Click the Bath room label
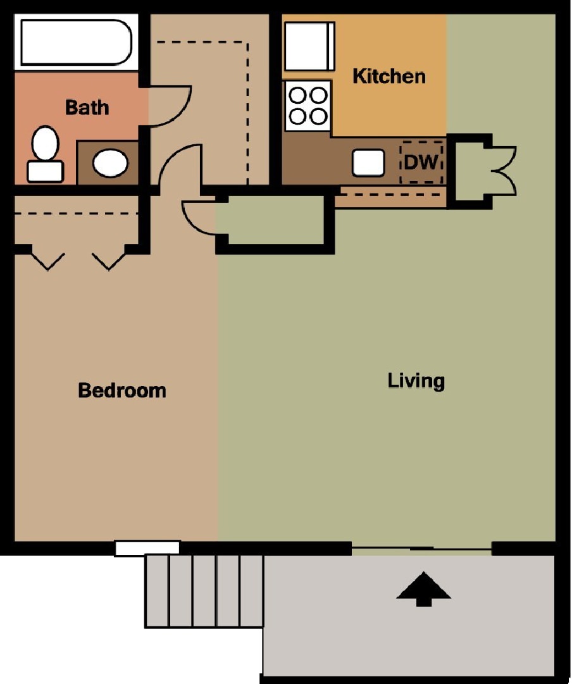(x=87, y=107)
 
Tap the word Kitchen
(x=389, y=77)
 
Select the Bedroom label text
(x=122, y=390)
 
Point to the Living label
(x=416, y=381)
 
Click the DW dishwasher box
(x=421, y=162)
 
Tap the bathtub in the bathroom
(x=75, y=42)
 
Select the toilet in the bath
(x=44, y=153)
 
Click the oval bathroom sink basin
(x=110, y=162)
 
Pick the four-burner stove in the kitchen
(x=308, y=106)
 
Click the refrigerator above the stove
(x=309, y=46)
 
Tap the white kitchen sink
(x=368, y=162)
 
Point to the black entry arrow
(x=423, y=589)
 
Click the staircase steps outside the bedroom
(x=204, y=591)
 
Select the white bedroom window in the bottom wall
(x=147, y=547)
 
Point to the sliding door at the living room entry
(x=421, y=548)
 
